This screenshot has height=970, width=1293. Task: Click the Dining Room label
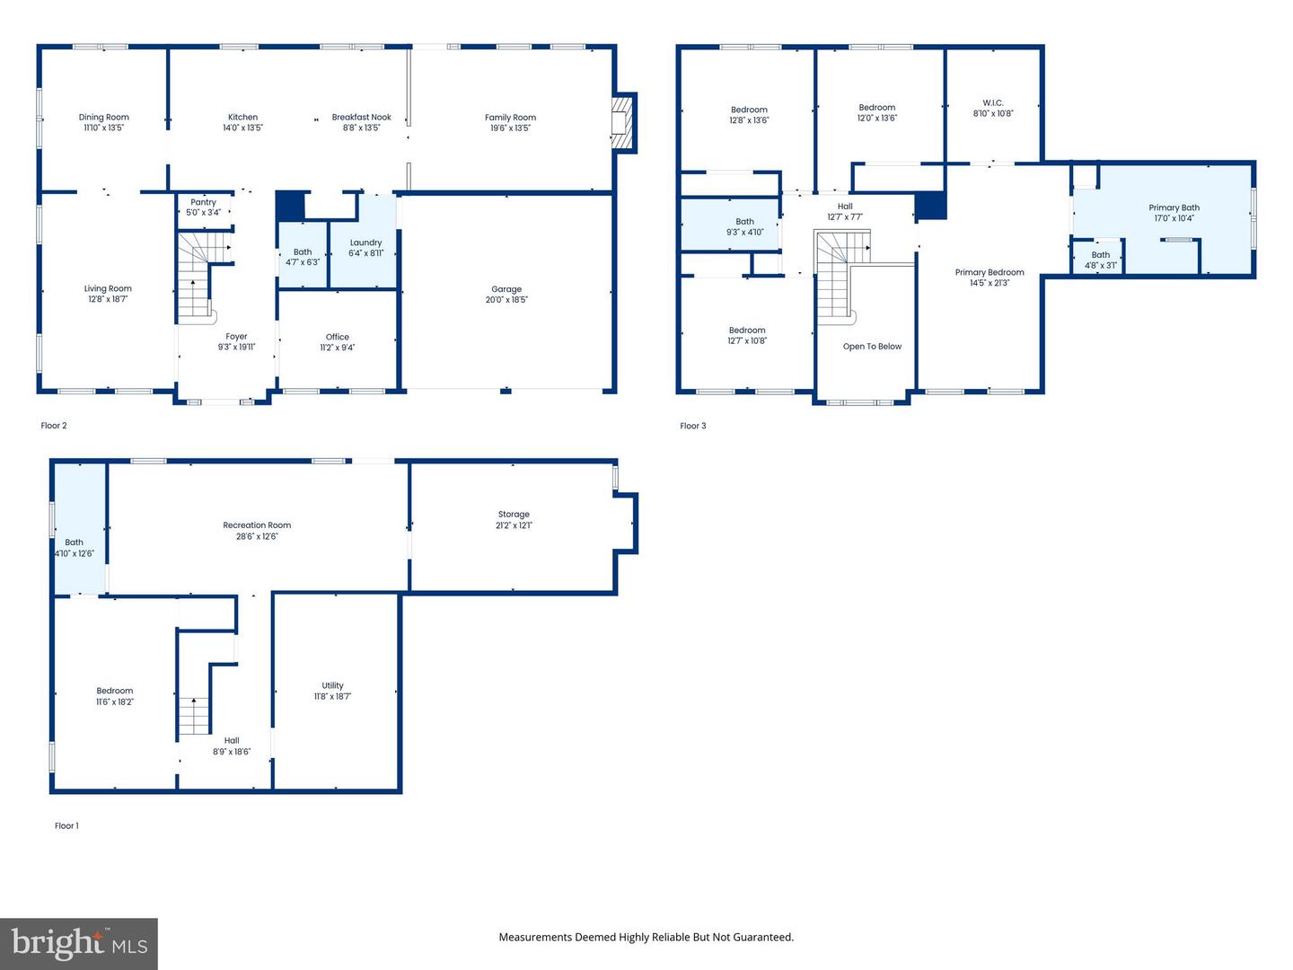(x=103, y=117)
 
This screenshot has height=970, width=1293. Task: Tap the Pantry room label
(x=203, y=202)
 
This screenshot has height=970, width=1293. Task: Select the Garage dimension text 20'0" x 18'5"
(x=506, y=300)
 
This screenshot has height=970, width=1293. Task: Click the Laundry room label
(x=365, y=242)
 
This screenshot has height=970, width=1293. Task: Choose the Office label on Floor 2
(x=338, y=337)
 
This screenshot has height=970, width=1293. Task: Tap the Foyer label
(x=236, y=337)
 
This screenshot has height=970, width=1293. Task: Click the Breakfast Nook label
(x=362, y=117)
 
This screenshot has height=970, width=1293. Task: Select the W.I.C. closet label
(x=993, y=103)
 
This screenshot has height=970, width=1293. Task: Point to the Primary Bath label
(x=1174, y=207)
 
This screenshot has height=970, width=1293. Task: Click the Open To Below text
(x=873, y=347)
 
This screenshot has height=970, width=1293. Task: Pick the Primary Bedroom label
(x=990, y=273)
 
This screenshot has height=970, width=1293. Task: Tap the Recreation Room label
(x=257, y=525)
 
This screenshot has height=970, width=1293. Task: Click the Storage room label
(x=514, y=515)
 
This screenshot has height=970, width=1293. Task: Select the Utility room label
(x=333, y=685)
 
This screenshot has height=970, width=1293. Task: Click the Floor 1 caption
(x=66, y=825)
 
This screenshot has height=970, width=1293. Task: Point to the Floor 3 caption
(x=692, y=426)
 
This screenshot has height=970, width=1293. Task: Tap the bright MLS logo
(x=79, y=943)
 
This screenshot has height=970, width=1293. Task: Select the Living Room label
(x=108, y=288)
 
